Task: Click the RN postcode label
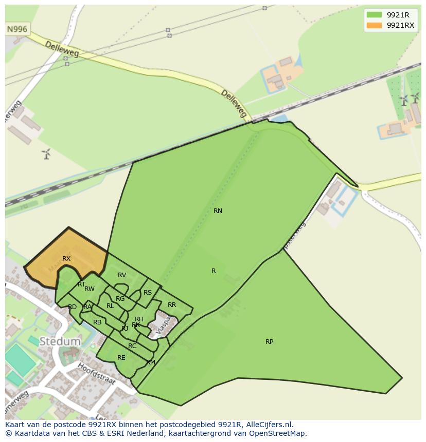tap(218, 211)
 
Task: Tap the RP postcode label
tap(269, 342)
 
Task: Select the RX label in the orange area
tap(66, 259)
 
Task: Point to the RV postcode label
tap(122, 275)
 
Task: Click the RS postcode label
tap(148, 293)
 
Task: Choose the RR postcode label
tap(172, 305)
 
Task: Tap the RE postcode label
tap(121, 358)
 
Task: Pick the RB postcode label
tap(97, 322)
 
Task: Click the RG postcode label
tap(120, 299)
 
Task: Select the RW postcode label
tap(90, 289)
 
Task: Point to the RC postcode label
tap(132, 346)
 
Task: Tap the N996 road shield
tap(17, 29)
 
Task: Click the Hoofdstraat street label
tap(97, 376)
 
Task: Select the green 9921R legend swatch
tap(374, 15)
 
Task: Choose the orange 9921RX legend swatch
tap(374, 25)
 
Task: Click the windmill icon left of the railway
tap(46, 153)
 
